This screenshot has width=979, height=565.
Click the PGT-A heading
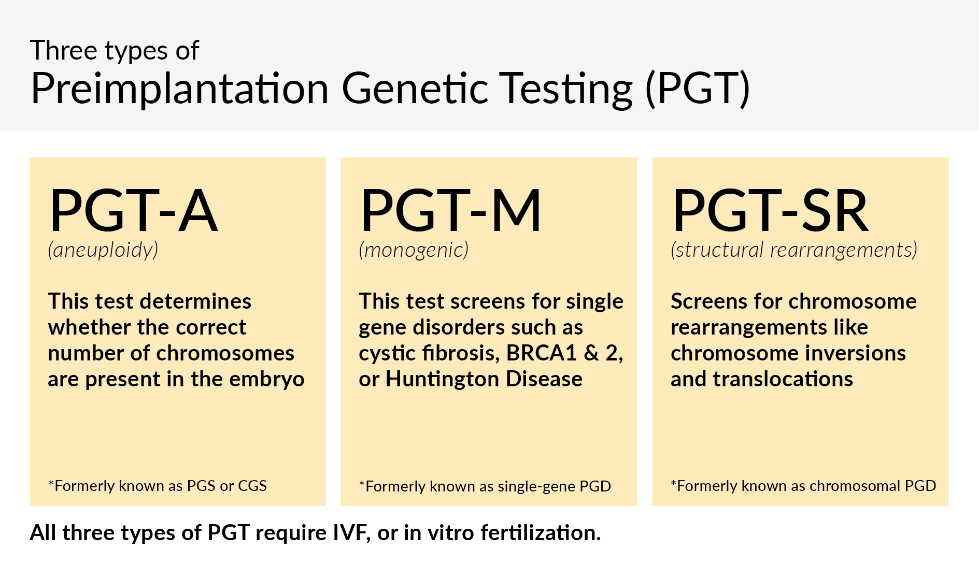pos(133,210)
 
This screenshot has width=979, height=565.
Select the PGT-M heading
pos(450,210)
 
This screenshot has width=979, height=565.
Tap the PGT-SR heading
pos(770,210)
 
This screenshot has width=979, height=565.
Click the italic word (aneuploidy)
pos(103,250)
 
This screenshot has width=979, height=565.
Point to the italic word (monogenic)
pos(414,250)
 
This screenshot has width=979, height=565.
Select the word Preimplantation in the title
pos(179,89)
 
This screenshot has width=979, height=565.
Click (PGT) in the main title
pos(698,89)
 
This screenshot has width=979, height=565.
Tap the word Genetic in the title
pos(415,89)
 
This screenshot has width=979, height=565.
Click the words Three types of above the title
pos(115,51)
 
